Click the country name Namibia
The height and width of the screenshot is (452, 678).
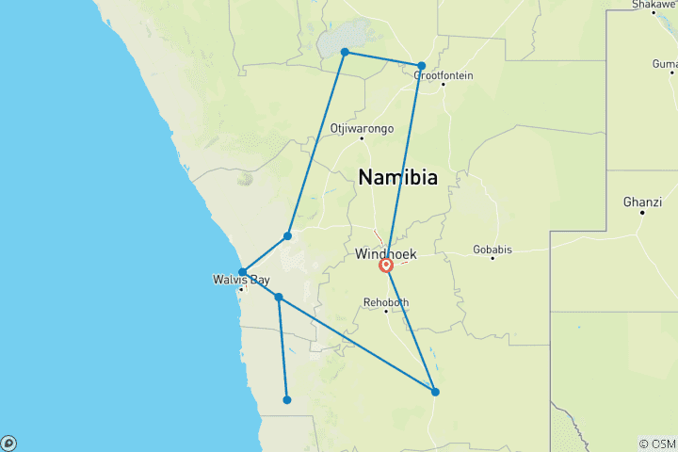click(397, 177)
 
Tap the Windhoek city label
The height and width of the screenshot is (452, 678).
click(386, 254)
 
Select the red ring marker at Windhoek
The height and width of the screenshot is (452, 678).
click(386, 266)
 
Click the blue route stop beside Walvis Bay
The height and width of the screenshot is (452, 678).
click(243, 272)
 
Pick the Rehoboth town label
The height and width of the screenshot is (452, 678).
click(387, 302)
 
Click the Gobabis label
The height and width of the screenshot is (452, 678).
click(492, 250)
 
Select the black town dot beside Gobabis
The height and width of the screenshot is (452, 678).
click(492, 258)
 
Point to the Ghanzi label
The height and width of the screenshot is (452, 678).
click(641, 202)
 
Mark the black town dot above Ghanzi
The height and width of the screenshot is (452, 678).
click(642, 212)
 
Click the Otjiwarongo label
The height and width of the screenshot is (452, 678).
click(363, 128)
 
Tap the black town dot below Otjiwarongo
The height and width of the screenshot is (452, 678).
click(362, 138)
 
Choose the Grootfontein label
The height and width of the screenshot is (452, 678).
click(444, 75)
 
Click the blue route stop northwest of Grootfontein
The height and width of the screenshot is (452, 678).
click(422, 66)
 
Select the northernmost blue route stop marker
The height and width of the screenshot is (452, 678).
click(345, 52)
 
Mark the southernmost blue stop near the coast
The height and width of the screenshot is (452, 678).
click(287, 400)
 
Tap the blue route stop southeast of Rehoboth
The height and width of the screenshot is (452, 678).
click(435, 392)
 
